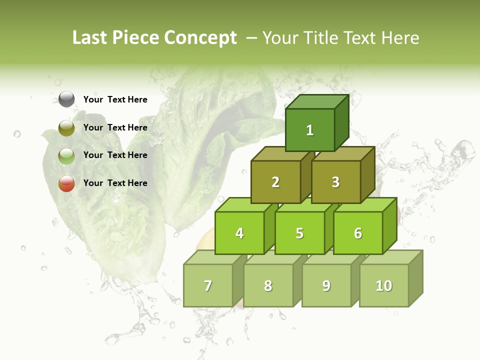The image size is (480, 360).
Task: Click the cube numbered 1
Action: pos(310,130)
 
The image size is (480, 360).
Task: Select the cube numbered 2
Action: pos(275,182)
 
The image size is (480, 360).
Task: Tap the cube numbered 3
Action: pos(335,182)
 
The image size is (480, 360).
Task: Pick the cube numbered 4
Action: pos(239,233)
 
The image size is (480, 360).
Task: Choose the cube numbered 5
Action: pos(299,233)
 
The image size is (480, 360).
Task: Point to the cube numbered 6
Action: pos(358,233)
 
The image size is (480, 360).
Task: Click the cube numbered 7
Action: pos(208,285)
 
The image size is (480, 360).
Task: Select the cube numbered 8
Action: pos(268,285)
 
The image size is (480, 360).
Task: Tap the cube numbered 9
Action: pos(326,285)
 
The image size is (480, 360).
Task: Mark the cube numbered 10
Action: pos(384,285)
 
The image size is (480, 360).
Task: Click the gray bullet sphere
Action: pos(66,99)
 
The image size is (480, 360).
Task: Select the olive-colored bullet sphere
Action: pos(66,128)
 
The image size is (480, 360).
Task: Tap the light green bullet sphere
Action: pos(66,156)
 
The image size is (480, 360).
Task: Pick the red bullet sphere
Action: pos(66,183)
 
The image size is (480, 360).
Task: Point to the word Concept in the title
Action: pos(201,38)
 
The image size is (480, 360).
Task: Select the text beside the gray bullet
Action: pos(115,99)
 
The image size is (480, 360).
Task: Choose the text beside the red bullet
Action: pos(115,183)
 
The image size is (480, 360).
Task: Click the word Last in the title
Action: pos(89,38)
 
